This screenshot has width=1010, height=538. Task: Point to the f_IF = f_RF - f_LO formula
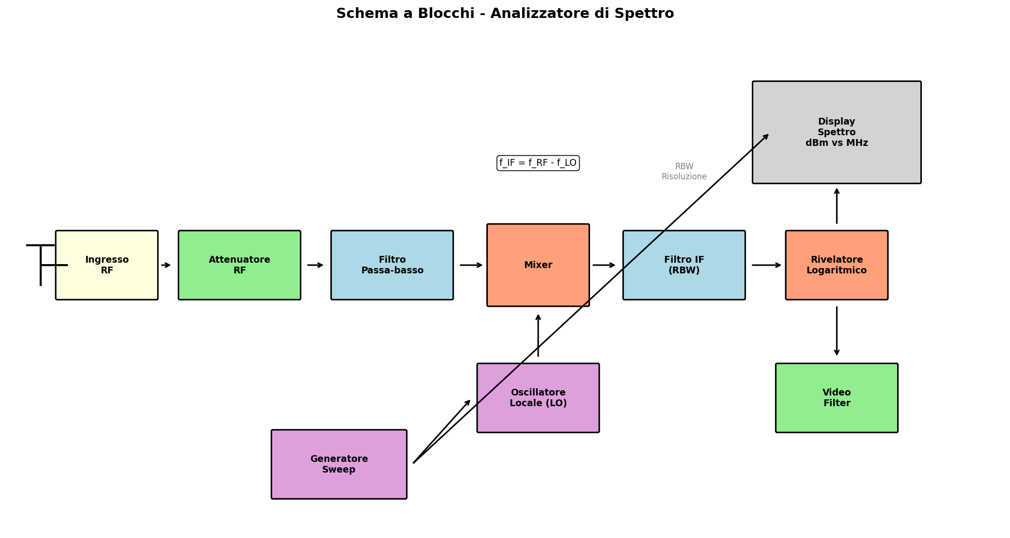coord(538,163)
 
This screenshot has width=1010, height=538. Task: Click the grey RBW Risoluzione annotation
coord(684,172)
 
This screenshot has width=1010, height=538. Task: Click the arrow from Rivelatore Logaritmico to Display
coord(836,206)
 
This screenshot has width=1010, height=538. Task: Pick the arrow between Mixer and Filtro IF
coord(604,265)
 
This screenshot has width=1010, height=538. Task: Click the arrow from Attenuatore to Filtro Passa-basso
coord(315,265)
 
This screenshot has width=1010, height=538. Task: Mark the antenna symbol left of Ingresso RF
coord(41,264)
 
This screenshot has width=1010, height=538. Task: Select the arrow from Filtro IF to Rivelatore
coord(766,265)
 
